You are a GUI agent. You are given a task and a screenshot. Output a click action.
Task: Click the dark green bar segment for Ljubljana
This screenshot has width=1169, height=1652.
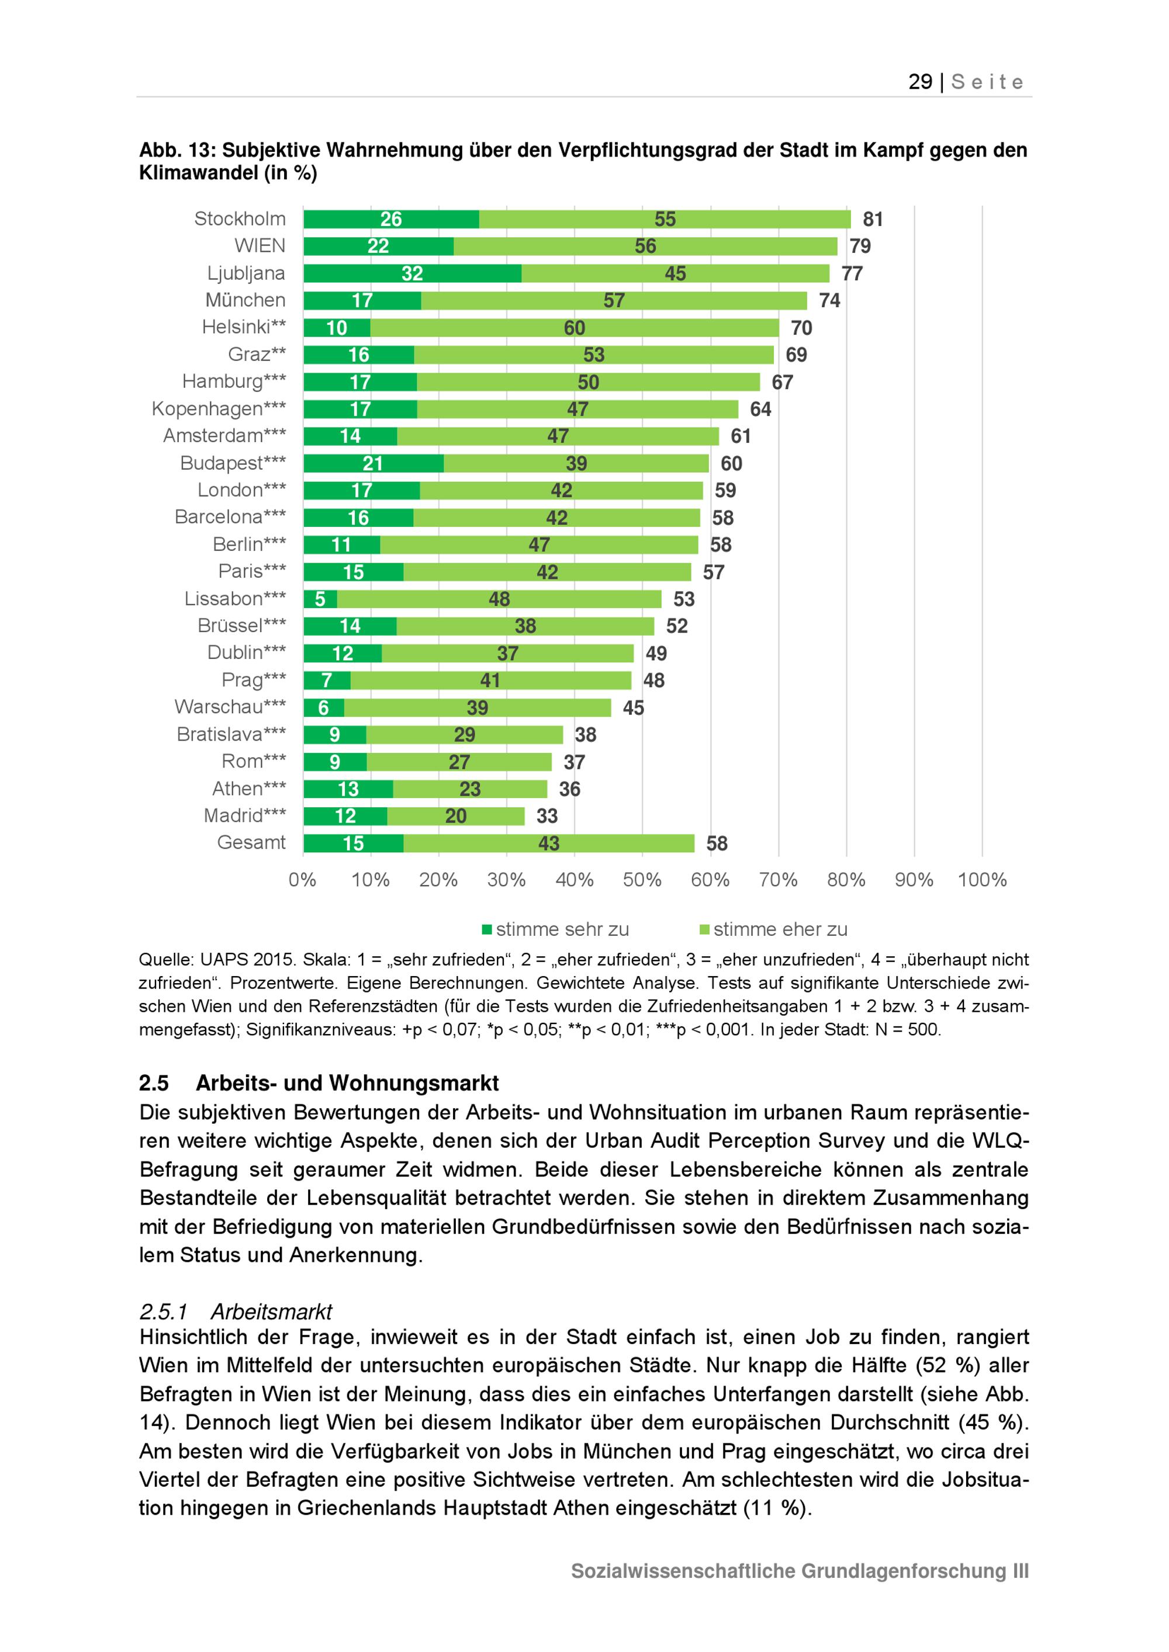pos(413,273)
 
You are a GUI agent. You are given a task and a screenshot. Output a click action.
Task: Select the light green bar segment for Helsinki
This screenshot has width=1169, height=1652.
pos(575,328)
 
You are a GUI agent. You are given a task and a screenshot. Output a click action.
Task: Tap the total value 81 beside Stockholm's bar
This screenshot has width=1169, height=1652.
pos(873,220)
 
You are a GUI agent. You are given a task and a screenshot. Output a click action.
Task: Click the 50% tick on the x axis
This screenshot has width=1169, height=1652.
pos(642,879)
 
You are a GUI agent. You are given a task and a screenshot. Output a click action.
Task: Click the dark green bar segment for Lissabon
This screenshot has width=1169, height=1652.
pos(320,599)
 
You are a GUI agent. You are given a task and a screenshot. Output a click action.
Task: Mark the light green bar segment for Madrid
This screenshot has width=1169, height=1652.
pos(456,817)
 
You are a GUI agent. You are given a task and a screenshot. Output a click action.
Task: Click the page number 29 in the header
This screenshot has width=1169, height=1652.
pos(920,82)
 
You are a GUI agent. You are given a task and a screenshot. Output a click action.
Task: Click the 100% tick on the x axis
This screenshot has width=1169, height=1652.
pos(982,879)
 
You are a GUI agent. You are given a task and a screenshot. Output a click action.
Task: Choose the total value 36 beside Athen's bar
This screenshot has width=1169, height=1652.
pos(569,789)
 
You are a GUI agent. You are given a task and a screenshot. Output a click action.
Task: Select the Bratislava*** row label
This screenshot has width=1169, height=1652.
pos(231,735)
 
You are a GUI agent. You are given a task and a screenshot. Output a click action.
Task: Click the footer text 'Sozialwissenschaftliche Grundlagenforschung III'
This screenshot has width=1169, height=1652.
pos(799,1571)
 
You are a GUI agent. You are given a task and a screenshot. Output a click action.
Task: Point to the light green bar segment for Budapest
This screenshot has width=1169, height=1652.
pos(576,463)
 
